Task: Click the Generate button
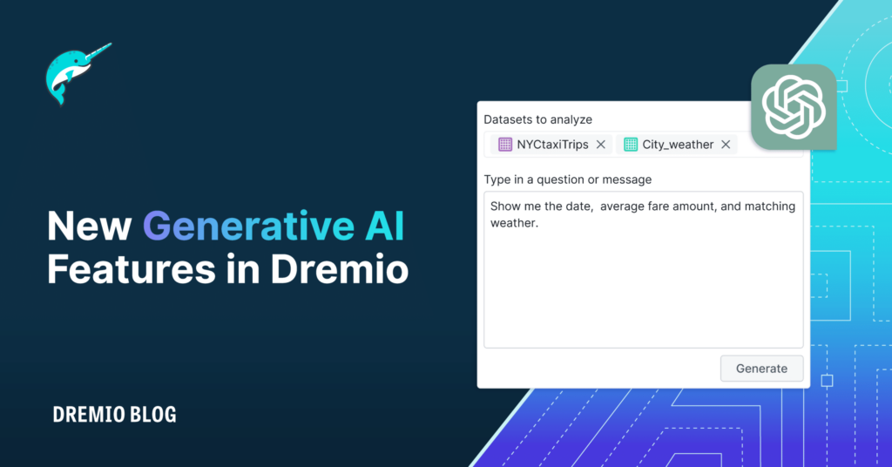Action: coord(761,369)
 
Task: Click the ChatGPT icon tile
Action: coord(793,107)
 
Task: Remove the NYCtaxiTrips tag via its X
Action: coord(600,145)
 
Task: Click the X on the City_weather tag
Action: coord(726,145)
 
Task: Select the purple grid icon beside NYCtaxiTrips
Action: coord(505,145)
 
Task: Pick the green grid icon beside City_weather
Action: coord(631,145)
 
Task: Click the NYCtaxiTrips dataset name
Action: coord(552,145)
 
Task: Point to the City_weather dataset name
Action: coord(678,145)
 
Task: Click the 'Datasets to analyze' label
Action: coord(537,119)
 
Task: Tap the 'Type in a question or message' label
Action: coord(567,179)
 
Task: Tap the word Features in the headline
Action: coord(131,270)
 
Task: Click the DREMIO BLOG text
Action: coord(114,415)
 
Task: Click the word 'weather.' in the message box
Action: coord(515,223)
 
